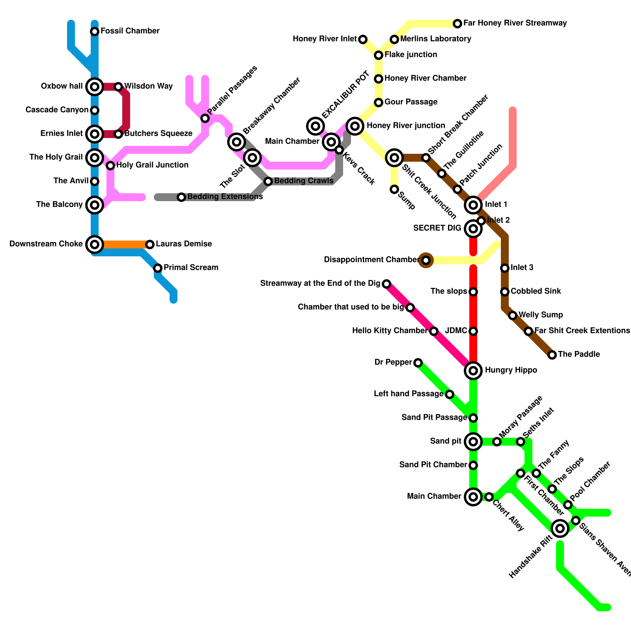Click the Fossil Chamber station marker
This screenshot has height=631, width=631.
pos(95,32)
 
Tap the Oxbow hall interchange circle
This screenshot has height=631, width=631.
pos(95,87)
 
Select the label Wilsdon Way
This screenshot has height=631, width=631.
pos(148,86)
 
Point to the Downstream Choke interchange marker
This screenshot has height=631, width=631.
pos(95,245)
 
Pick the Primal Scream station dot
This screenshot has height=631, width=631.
pos(158,268)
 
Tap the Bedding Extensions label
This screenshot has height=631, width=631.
pos(225,197)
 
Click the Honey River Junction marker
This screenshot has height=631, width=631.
pos(355,126)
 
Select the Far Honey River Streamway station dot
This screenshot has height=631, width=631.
pos(457,24)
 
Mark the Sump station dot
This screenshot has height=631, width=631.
pos(394,189)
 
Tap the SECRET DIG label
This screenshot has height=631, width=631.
pos(437,228)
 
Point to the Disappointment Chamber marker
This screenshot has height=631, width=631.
pos(426,260)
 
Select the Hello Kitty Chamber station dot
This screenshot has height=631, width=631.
pos(434,331)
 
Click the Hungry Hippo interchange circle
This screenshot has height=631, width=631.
pos(473,371)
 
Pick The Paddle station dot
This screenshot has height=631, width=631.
pos(552,355)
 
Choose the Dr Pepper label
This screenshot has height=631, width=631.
pos(393,362)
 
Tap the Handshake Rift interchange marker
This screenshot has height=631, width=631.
pos(560,528)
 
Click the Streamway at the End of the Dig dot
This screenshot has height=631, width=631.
pos(386,284)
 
